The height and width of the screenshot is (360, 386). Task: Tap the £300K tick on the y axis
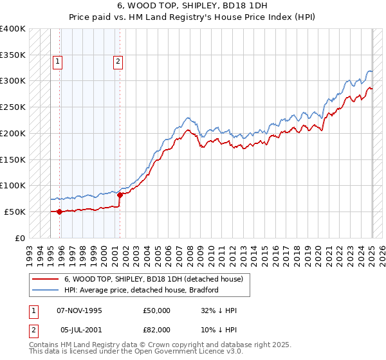tap(14, 81)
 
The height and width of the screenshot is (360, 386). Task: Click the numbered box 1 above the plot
tap(57, 62)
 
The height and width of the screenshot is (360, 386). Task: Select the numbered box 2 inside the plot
tap(118, 62)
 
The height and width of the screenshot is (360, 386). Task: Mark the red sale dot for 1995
tap(60, 212)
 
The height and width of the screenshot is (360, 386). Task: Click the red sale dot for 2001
tap(120, 195)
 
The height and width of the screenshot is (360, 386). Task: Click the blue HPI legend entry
tap(142, 290)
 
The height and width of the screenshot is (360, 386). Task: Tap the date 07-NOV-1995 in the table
tap(80, 310)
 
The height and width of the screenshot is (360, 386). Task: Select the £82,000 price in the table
tap(157, 329)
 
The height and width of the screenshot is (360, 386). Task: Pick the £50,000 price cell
tap(157, 310)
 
